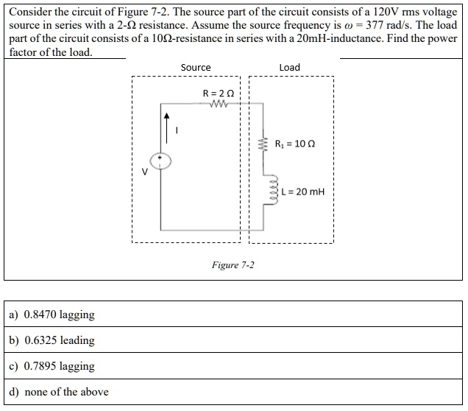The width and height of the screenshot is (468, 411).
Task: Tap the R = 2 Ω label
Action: (218, 93)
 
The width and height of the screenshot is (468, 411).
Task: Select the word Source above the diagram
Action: (196, 67)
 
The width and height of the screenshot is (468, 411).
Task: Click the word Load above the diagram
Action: (290, 67)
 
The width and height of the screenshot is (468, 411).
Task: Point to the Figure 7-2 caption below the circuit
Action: (233, 265)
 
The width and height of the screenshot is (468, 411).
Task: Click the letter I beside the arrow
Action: (177, 131)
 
